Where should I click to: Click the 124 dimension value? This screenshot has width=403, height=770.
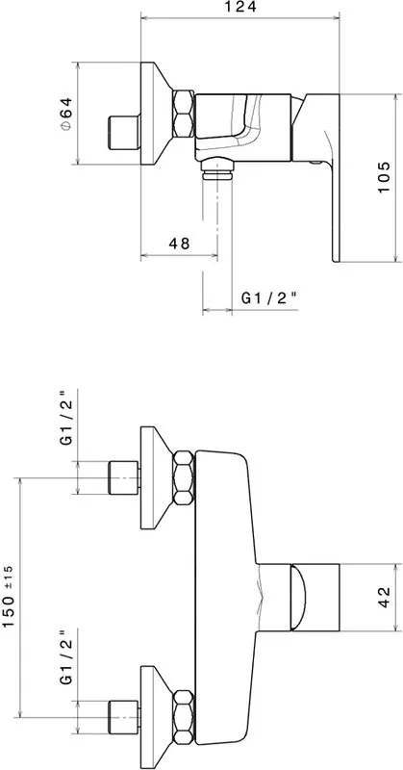[x=240, y=8]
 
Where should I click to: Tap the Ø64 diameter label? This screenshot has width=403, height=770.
[x=66, y=114]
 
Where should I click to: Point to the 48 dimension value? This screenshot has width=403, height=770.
[x=179, y=244]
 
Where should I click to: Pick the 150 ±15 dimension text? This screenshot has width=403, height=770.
[x=9, y=597]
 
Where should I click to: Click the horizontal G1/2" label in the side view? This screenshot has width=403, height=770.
[x=269, y=297]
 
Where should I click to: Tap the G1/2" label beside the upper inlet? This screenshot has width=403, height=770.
[x=66, y=418]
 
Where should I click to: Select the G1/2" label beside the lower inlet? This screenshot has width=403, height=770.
[x=66, y=656]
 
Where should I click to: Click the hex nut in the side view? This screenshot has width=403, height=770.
[x=184, y=114]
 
